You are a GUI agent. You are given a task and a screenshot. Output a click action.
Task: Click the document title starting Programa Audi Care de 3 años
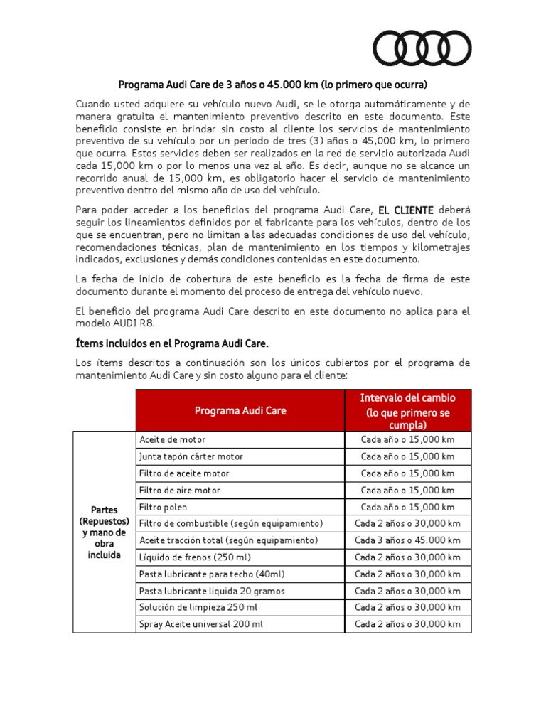272,84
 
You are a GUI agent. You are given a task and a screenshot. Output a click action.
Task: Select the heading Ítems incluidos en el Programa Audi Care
172,343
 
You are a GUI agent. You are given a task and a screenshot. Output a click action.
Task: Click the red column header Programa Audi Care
240,410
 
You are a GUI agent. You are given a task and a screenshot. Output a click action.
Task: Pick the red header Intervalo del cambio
407,410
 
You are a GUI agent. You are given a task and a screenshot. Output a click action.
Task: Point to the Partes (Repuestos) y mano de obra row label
104,532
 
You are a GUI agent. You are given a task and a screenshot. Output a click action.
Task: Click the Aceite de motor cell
173,440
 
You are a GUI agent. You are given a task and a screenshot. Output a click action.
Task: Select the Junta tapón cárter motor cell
191,456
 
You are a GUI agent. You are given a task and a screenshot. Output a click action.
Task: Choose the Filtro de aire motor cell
180,491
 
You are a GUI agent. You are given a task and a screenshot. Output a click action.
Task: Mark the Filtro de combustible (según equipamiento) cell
231,523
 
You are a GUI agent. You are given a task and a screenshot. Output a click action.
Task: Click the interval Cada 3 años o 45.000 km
407,540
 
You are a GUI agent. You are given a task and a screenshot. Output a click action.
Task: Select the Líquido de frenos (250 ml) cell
196,557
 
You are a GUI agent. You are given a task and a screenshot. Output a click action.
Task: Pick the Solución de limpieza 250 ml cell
198,607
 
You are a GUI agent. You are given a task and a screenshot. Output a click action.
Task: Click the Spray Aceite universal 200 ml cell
201,624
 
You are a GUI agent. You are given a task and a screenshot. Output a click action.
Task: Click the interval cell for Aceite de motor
407,440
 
